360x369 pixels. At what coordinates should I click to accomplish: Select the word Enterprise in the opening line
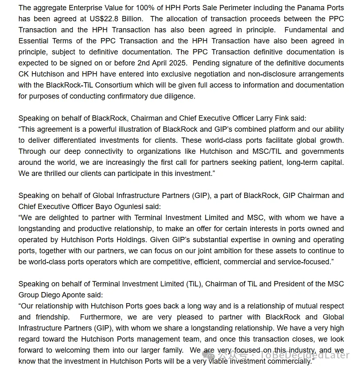pos(88,8)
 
